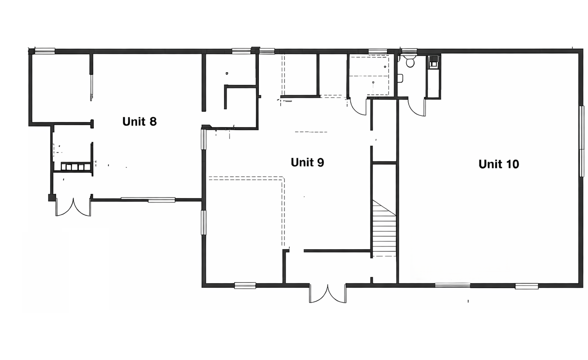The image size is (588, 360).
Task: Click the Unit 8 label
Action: (x=139, y=121)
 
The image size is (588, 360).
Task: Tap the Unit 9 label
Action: (x=307, y=162)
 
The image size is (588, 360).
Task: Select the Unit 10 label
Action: (x=498, y=164)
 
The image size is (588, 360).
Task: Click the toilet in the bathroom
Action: (x=410, y=61)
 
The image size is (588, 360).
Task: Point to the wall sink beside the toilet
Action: (x=401, y=78)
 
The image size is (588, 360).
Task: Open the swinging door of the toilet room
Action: (x=417, y=107)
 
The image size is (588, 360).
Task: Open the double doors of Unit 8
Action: (x=73, y=207)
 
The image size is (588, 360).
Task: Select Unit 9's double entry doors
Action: (x=327, y=293)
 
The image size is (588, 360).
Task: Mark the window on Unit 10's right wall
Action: (x=581, y=141)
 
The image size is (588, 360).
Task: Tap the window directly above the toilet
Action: (x=409, y=51)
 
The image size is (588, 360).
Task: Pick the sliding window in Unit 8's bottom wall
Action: (x=148, y=199)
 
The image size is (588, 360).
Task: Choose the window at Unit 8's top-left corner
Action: (x=45, y=51)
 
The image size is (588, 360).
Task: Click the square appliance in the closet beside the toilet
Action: (x=433, y=62)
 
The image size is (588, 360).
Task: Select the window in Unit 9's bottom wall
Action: (x=245, y=285)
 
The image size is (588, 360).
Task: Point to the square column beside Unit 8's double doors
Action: (x=52, y=197)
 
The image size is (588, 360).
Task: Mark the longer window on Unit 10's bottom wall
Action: (x=453, y=285)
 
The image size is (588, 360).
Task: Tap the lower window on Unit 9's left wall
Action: (x=203, y=222)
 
